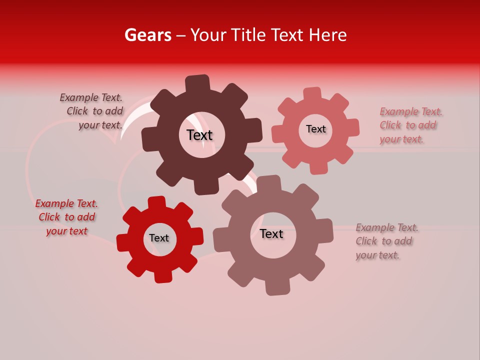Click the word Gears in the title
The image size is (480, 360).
tap(148, 35)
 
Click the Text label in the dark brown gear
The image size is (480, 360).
tap(199, 135)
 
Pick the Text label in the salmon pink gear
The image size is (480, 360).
tap(315, 129)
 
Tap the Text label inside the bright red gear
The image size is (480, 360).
tap(159, 238)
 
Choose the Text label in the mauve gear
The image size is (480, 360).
tap(271, 233)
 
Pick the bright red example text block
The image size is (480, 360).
tap(66, 217)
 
